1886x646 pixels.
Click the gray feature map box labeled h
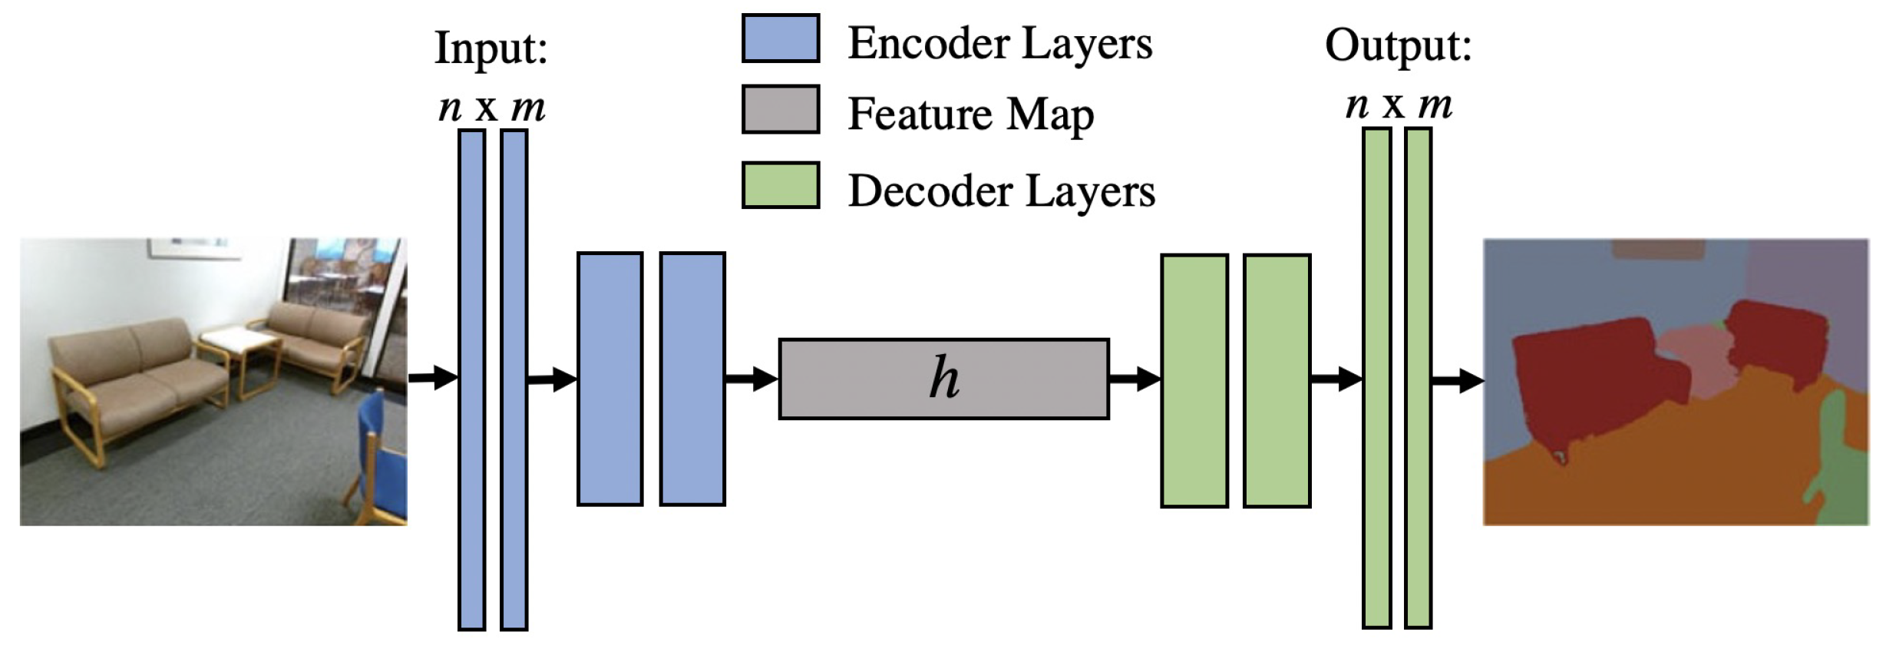943,379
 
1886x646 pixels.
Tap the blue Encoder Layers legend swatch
780,38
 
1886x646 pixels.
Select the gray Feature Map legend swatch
780,109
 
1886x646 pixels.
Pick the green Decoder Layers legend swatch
780,185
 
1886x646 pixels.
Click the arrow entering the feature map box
751,379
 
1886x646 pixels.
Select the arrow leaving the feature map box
1134,379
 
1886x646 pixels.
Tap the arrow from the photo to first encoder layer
432,377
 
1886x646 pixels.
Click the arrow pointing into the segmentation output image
1456,380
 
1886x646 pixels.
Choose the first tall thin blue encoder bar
471,379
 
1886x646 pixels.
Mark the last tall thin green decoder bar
1418,378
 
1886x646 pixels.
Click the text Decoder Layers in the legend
1001,190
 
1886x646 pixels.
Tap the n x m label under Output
1398,104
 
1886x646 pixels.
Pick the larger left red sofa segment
1581,384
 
